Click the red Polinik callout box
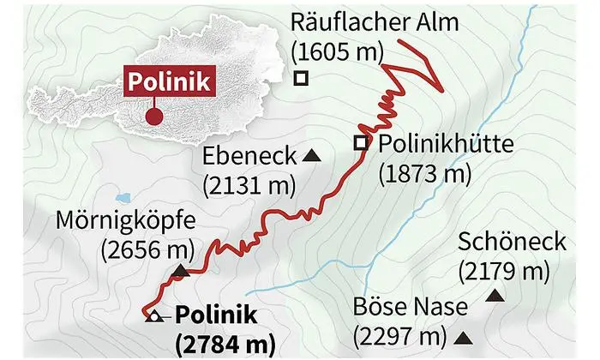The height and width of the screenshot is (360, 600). pos(170,83)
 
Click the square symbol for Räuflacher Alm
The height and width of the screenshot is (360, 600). pos(300,78)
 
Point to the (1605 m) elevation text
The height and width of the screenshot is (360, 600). pos(336,51)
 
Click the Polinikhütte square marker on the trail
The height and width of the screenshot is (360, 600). pos(361,143)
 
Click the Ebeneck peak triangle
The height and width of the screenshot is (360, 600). pos(311,156)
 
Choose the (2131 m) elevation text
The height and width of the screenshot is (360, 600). pos(249,184)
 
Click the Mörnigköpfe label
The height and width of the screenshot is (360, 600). pos(126,221)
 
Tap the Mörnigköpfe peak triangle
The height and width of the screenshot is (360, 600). pos(180,272)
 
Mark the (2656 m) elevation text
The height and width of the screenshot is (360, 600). pos(147,249)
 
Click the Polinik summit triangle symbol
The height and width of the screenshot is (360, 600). pos(153,316)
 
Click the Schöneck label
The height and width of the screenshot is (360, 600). pos(513,242)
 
